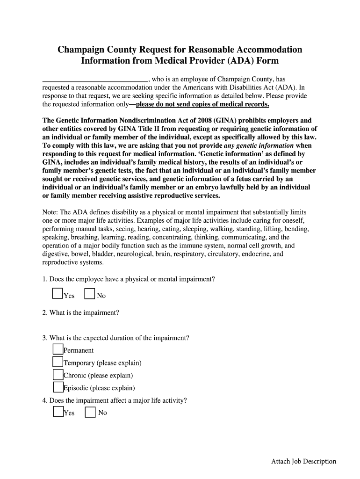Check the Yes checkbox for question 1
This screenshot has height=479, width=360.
(58, 294)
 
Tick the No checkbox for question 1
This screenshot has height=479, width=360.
(90, 294)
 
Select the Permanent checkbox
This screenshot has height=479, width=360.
(58, 349)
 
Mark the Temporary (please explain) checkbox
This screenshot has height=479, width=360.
(58, 362)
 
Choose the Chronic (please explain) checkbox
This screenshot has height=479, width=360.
(58, 374)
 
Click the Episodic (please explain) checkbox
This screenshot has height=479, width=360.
(58, 387)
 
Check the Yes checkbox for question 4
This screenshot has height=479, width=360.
(58, 412)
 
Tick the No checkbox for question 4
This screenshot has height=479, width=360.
(90, 412)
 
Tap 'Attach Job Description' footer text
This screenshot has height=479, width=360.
(303, 461)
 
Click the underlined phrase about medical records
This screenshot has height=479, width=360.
(202, 104)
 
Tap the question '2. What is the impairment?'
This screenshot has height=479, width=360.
(80, 312)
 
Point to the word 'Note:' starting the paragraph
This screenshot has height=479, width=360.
(50, 212)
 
